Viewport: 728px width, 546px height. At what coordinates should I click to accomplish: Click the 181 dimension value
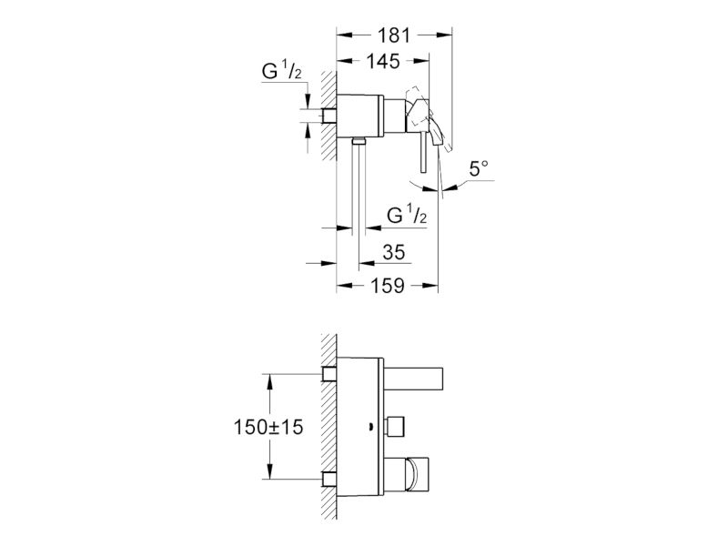coord(394,35)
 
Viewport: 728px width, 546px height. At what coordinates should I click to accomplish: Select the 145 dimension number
coord(383,61)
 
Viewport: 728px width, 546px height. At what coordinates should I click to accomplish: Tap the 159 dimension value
coord(388,286)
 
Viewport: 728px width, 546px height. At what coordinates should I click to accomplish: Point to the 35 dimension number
coord(394,252)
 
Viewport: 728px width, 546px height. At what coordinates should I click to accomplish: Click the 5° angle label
coord(479,168)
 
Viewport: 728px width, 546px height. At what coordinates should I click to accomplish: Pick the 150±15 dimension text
coord(268,427)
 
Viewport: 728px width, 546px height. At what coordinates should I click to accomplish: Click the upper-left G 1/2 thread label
coord(282,72)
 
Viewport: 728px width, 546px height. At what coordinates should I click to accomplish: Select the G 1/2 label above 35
coord(407,215)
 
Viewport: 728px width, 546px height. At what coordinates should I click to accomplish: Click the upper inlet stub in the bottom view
coord(329,374)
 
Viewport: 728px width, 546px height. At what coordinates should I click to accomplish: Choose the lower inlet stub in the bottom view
coord(329,480)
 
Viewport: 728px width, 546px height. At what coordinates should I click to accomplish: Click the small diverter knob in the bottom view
coord(395,427)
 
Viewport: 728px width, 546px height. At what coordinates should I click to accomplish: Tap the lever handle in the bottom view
coord(406,474)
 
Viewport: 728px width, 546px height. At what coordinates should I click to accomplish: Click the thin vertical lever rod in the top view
coord(423,153)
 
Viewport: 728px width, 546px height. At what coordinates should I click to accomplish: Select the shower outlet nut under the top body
coord(359,141)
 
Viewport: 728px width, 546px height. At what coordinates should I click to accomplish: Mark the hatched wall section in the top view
coord(329,116)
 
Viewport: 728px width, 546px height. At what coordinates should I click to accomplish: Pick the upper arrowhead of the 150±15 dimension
coord(268,380)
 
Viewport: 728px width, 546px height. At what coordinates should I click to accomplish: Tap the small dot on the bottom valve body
coord(371,424)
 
